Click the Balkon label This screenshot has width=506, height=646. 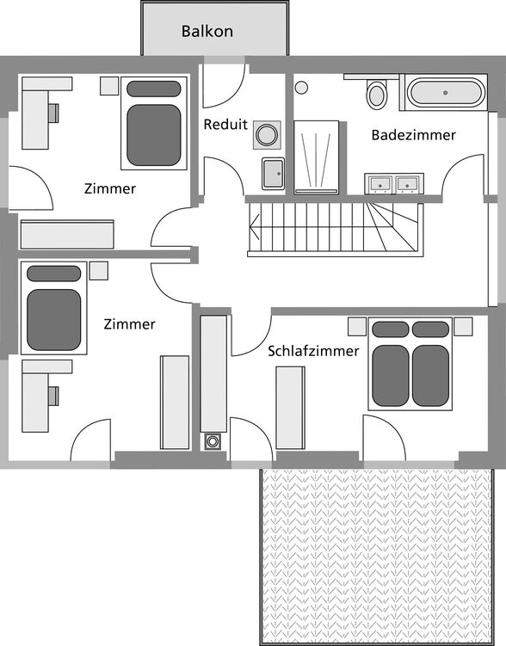(x=207, y=31)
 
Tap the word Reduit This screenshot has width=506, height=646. (x=225, y=124)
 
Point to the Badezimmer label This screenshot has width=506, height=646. (x=414, y=135)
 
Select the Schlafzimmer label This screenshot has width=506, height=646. (x=313, y=351)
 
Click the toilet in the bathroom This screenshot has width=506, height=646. (x=377, y=95)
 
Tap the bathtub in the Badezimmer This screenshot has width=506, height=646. (x=446, y=93)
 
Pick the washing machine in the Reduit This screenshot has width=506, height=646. (x=267, y=135)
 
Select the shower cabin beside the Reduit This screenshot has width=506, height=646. (x=316, y=157)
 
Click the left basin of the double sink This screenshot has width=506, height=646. (x=380, y=184)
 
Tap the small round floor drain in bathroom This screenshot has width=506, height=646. (x=302, y=88)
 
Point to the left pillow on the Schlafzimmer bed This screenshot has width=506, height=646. (x=391, y=329)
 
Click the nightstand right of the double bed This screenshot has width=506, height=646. (x=463, y=326)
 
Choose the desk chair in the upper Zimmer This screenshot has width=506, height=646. (x=53, y=114)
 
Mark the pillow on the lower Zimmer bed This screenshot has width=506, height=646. (x=53, y=274)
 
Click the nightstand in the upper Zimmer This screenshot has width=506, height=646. (x=109, y=86)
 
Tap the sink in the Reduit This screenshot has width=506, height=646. (x=273, y=174)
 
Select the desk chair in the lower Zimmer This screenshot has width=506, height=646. (x=53, y=396)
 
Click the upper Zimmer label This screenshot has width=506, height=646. (x=110, y=188)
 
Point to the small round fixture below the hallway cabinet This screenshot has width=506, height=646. (x=212, y=441)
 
